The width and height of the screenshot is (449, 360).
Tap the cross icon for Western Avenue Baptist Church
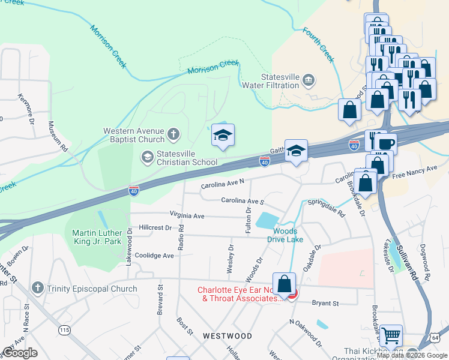tap(173, 134)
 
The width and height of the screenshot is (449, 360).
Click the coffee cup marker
tap(386, 144)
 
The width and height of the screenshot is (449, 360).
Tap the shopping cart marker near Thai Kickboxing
tap(391, 335)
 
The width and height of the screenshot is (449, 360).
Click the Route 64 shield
tap(443, 338)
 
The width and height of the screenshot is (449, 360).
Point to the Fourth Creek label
tap(318, 45)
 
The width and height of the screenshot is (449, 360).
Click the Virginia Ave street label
tap(187, 215)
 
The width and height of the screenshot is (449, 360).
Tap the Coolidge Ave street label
tap(154, 255)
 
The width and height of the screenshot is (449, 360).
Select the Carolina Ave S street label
tap(243, 201)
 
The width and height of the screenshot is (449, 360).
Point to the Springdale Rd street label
tap(327, 207)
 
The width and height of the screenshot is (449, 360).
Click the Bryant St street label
tap(326, 303)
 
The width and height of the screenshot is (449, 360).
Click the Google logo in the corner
tap(20, 353)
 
